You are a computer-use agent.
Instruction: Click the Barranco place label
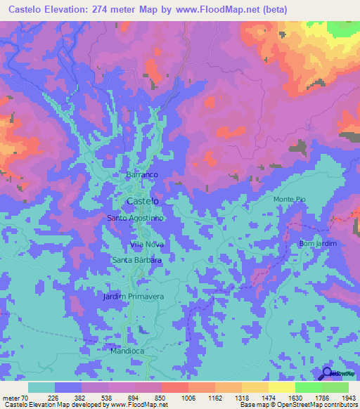click(x=141, y=174)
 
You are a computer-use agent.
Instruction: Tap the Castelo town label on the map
click(x=141, y=201)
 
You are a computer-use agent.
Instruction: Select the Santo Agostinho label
click(x=136, y=218)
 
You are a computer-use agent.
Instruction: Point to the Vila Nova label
click(x=147, y=244)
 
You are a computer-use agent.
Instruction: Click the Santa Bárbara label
click(x=137, y=260)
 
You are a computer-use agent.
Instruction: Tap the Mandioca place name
click(x=127, y=350)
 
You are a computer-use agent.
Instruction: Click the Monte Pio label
click(x=290, y=200)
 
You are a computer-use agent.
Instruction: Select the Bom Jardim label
click(x=318, y=243)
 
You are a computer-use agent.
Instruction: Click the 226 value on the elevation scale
click(x=55, y=397)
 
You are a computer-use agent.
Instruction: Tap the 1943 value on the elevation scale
click(x=349, y=397)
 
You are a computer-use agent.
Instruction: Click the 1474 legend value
click(x=269, y=397)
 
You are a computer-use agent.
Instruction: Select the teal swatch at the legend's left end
click(x=41, y=387)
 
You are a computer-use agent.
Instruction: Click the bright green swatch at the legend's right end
click(x=335, y=387)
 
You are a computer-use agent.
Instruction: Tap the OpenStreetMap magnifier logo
click(x=327, y=373)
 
